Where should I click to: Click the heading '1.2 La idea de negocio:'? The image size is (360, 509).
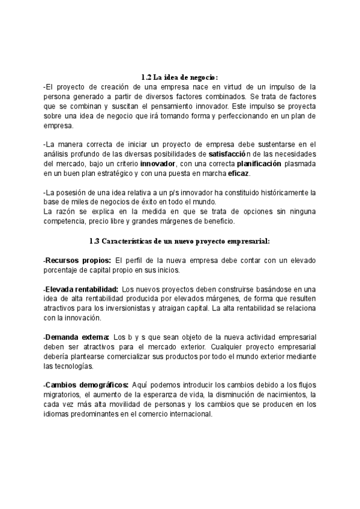pos(179,77)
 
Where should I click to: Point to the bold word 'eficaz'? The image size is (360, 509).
pos(238,173)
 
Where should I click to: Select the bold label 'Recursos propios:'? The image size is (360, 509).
pos(78,260)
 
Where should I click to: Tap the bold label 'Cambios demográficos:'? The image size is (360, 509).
pos(86,385)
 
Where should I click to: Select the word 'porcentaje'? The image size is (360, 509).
pos(63,270)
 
